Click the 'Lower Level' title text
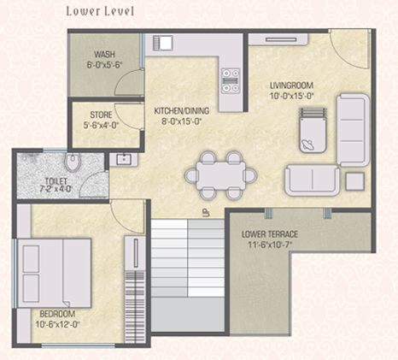[x=100, y=11]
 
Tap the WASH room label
[x=104, y=54]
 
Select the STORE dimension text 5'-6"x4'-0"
[x=101, y=126]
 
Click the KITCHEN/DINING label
[x=182, y=110]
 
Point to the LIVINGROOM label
[x=291, y=86]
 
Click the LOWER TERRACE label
[x=270, y=234]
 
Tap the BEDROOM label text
[x=57, y=314]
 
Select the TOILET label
[x=56, y=181]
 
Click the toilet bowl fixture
[x=73, y=162]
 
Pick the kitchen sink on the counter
[x=162, y=43]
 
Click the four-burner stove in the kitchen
[x=231, y=80]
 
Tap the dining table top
[x=221, y=175]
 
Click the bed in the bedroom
[x=54, y=273]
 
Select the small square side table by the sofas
[x=354, y=181]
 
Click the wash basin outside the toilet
[x=124, y=159]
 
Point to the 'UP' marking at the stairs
[x=206, y=213]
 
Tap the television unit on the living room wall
[x=278, y=39]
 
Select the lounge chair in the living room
[x=313, y=130]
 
